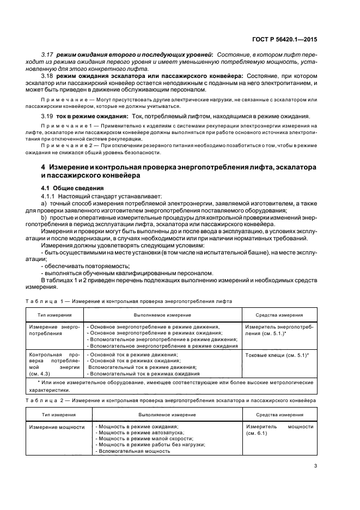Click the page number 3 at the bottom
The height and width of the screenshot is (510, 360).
(x=316, y=465)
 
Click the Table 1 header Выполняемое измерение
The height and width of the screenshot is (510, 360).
(x=162, y=315)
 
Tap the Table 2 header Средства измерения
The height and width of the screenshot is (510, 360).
(x=279, y=415)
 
